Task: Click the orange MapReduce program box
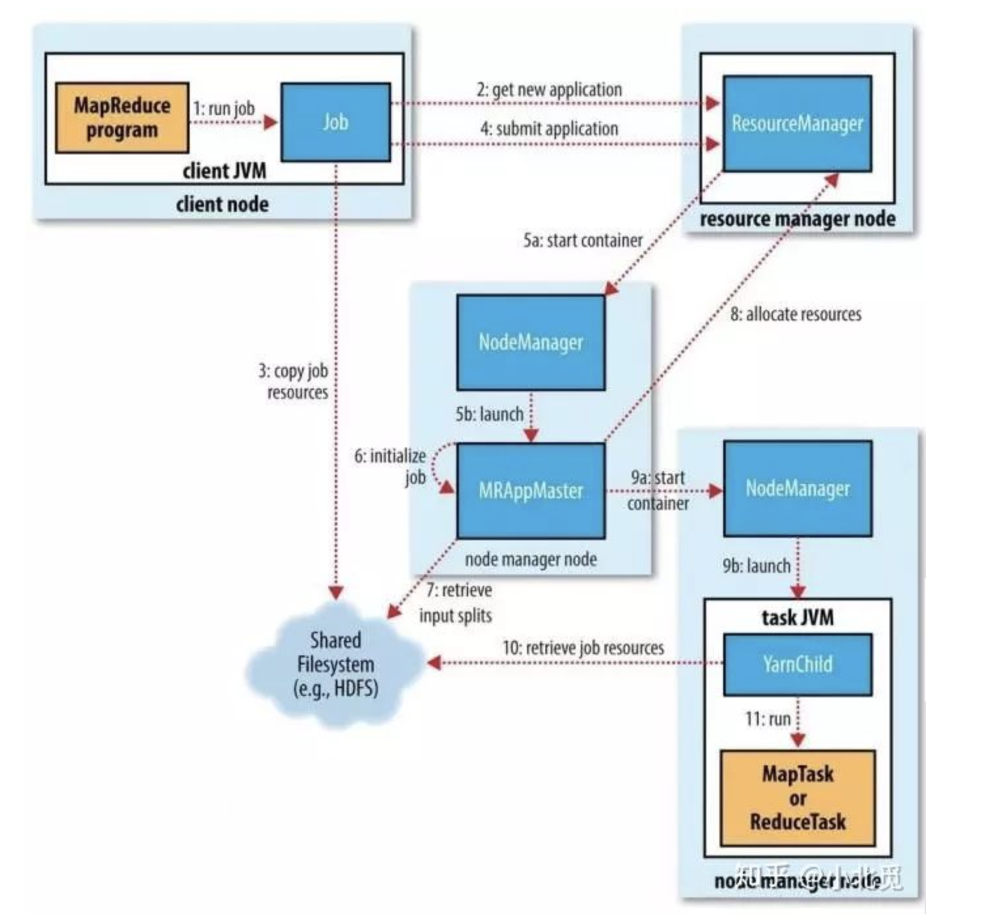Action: click(122, 118)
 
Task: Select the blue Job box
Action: click(335, 122)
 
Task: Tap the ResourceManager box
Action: click(797, 124)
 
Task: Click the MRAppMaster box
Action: click(530, 491)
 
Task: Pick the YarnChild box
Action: click(797, 665)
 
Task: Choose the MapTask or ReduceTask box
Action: click(797, 798)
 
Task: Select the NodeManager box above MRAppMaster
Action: click(530, 342)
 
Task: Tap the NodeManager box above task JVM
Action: click(797, 488)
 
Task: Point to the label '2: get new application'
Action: click(549, 90)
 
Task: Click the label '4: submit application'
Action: click(549, 129)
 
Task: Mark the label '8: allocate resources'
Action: click(795, 315)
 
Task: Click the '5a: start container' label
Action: click(582, 241)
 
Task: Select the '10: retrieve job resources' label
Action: click(583, 648)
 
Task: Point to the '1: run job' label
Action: click(224, 109)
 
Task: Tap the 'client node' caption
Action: click(222, 205)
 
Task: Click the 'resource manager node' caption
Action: click(797, 219)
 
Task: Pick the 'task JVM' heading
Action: click(797, 617)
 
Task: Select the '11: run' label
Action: click(767, 719)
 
